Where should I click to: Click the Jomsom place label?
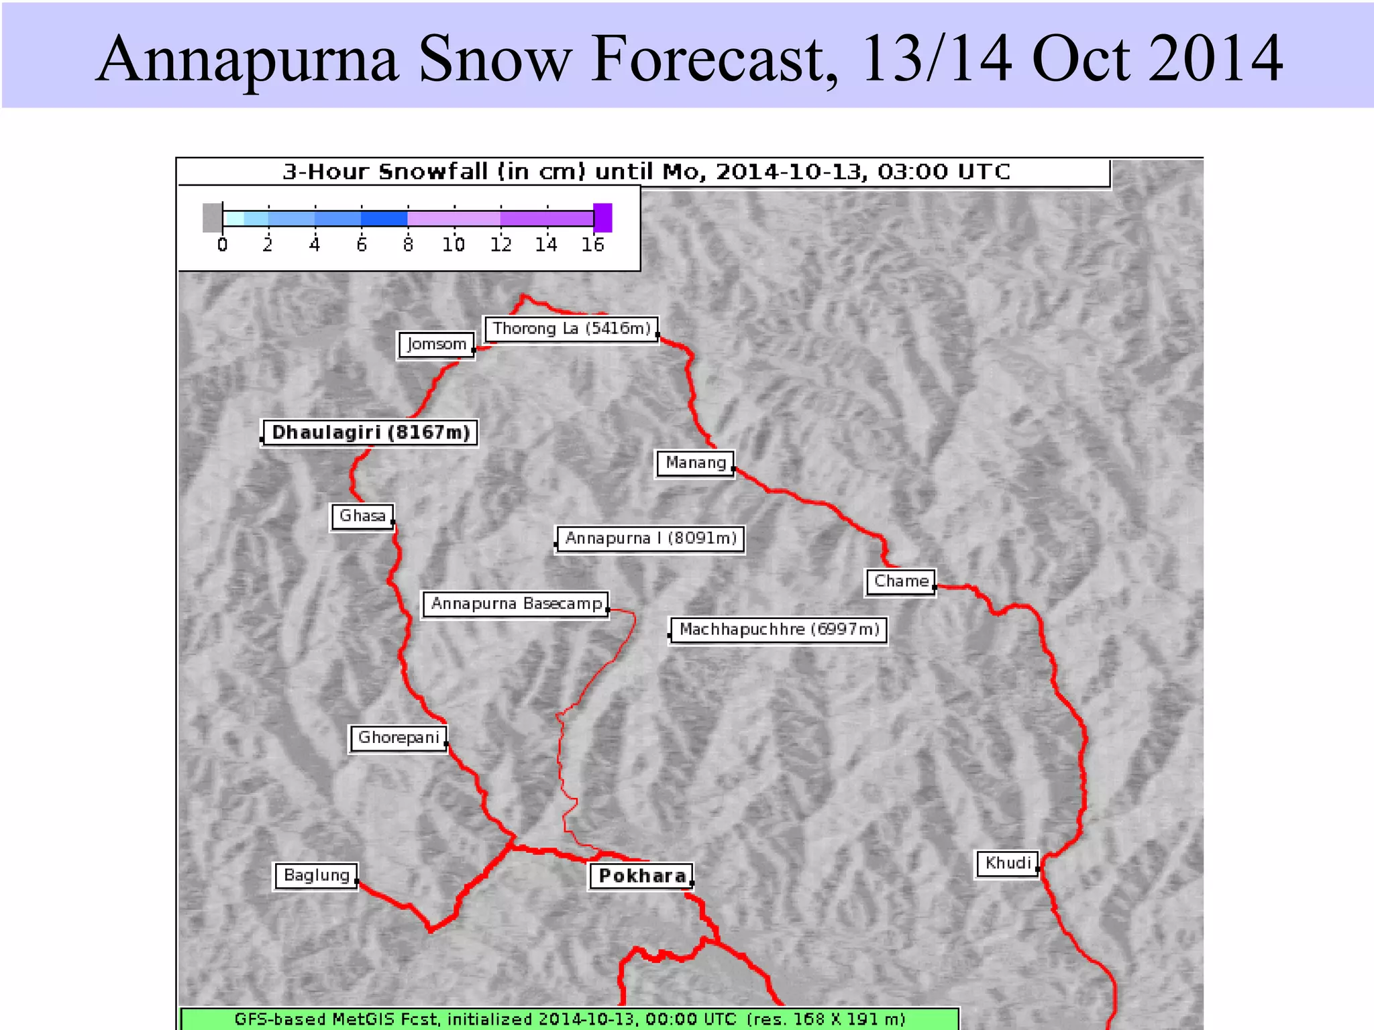click(436, 345)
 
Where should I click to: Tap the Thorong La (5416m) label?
click(572, 329)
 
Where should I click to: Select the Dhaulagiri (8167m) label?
click(370, 433)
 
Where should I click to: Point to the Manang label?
click(695, 463)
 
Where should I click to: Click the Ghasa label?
click(362, 516)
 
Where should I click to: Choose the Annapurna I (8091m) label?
click(651, 538)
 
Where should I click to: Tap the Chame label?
click(901, 581)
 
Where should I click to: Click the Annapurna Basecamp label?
click(516, 604)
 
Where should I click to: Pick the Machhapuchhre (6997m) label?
click(779, 630)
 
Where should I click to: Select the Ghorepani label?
click(399, 738)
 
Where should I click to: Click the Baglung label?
click(317, 876)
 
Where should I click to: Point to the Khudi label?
click(1008, 863)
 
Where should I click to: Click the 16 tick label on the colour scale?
click(593, 245)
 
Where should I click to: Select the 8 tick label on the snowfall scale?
click(408, 245)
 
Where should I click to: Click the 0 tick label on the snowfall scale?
click(223, 245)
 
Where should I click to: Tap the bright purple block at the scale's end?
click(603, 218)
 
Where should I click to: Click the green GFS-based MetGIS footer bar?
click(570, 1019)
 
